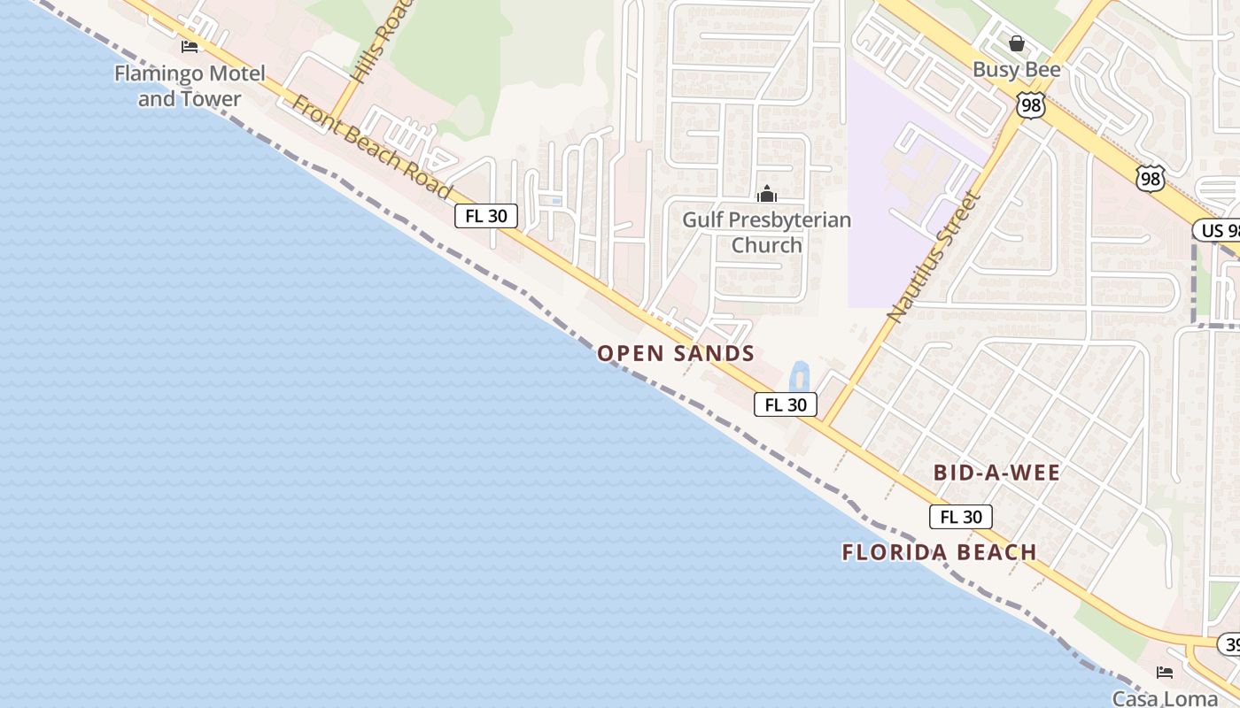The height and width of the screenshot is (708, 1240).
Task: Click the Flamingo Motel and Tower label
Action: pos(190,86)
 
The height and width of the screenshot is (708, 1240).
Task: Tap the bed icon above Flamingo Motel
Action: pos(190,46)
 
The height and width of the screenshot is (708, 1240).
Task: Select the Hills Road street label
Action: pos(371,44)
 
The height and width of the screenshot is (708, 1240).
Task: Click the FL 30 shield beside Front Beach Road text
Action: pos(486,216)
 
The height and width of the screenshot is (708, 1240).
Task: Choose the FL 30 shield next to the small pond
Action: pos(786,404)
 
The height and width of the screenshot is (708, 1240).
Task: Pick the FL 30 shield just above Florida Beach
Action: pos(961,517)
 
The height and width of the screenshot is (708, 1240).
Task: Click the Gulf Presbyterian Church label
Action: pos(766,232)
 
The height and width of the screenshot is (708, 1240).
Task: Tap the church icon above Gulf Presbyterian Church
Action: pos(767,194)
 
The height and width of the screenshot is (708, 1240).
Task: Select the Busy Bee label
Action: pos(1017,70)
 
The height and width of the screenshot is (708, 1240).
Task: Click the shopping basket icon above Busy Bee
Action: pos(1017,42)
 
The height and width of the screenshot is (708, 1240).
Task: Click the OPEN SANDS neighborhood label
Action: pos(676,354)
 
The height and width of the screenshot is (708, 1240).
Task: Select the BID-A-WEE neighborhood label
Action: pos(996,473)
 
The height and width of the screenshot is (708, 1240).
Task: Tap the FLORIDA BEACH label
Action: pos(939,552)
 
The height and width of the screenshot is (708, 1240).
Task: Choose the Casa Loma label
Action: pos(1165,698)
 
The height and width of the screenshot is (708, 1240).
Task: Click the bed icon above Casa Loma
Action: pos(1165,673)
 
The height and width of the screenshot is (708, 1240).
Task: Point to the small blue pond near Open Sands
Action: pos(799,377)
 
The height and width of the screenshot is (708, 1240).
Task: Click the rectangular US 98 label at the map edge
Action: pos(1217,231)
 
